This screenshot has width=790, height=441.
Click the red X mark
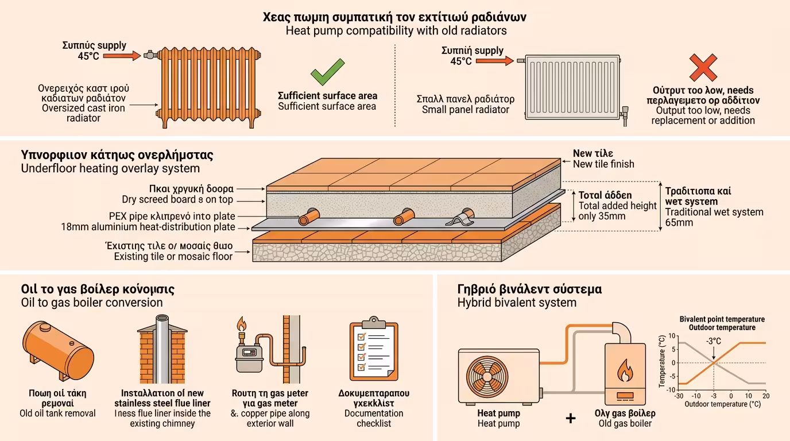(703, 67)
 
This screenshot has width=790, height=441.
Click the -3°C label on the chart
(714, 342)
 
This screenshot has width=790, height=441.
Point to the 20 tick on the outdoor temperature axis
(765, 396)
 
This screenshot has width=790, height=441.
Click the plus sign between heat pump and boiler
(571, 418)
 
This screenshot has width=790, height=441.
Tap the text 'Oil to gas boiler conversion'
(92, 303)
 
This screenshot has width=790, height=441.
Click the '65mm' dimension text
(679, 223)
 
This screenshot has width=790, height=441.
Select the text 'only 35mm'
(602, 216)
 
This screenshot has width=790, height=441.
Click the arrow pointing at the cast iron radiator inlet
(126, 56)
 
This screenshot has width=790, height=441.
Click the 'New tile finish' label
(603, 164)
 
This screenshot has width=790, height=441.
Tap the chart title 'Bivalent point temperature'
(722, 319)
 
